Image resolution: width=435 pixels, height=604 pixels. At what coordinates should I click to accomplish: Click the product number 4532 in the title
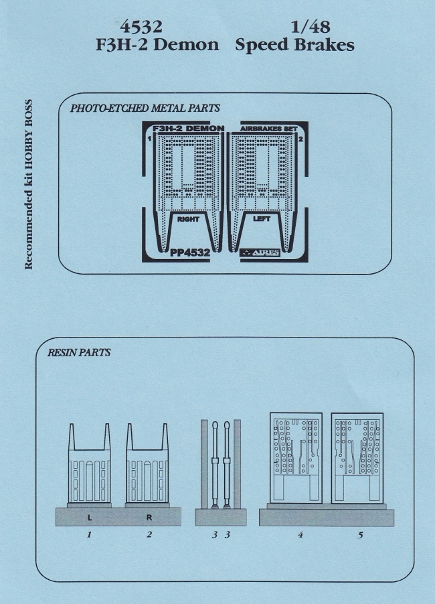click(x=140, y=27)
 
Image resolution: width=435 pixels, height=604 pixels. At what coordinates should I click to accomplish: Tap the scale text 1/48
click(x=311, y=27)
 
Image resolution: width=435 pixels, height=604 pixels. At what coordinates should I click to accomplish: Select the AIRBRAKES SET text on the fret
click(x=264, y=127)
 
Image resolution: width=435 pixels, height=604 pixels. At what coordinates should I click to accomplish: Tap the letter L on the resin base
click(x=90, y=517)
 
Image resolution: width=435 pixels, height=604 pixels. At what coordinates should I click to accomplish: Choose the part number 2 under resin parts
click(x=149, y=535)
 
